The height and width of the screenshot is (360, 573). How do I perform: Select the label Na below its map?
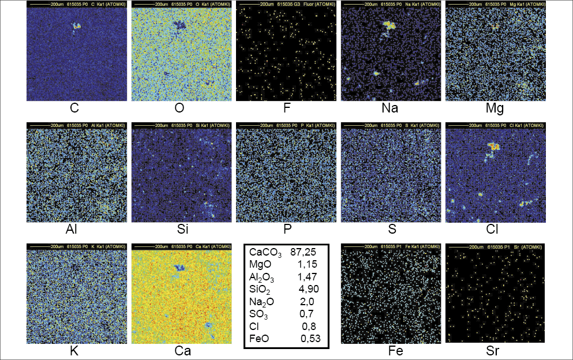point(390,108)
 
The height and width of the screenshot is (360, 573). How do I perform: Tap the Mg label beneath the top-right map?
point(495,108)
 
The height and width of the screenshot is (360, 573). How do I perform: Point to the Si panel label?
point(181,230)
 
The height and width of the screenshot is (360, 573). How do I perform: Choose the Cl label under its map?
point(495,230)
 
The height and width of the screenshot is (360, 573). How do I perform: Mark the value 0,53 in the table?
point(310,339)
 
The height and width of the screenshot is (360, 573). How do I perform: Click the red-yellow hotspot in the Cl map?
point(493,147)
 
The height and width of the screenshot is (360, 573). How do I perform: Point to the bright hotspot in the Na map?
point(388,25)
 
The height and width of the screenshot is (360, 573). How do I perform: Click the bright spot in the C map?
point(76,26)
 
